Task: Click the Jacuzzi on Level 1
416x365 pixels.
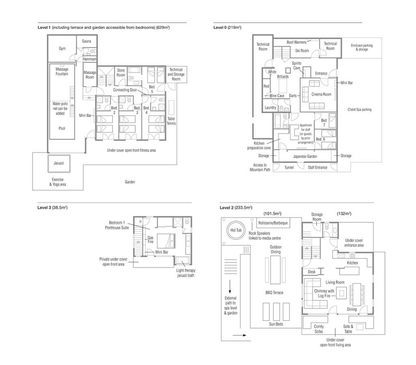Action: tap(59, 163)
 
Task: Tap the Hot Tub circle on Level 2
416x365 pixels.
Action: tap(236, 230)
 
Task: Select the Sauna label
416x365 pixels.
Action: tap(87, 41)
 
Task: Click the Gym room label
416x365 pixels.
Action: tap(62, 49)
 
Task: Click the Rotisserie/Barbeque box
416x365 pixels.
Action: tap(273, 223)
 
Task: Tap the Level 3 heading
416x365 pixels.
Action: tap(52, 208)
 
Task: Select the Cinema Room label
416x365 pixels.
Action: tap(321, 94)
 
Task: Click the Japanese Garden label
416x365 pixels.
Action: tap(305, 157)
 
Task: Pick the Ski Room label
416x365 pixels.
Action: tap(302, 51)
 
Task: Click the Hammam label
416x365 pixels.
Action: tap(90, 59)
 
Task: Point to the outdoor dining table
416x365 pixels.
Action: tap(276, 270)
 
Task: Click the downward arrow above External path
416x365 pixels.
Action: tap(230, 286)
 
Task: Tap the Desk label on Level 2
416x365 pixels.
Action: tap(312, 272)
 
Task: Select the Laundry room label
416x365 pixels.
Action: tap(270, 107)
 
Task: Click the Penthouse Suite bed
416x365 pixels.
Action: tap(166, 241)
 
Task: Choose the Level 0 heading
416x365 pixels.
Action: tap(227, 27)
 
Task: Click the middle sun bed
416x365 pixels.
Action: tap(276, 312)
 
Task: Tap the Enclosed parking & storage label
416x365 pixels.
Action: tap(362, 47)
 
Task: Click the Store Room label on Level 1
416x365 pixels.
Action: tap(121, 73)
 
